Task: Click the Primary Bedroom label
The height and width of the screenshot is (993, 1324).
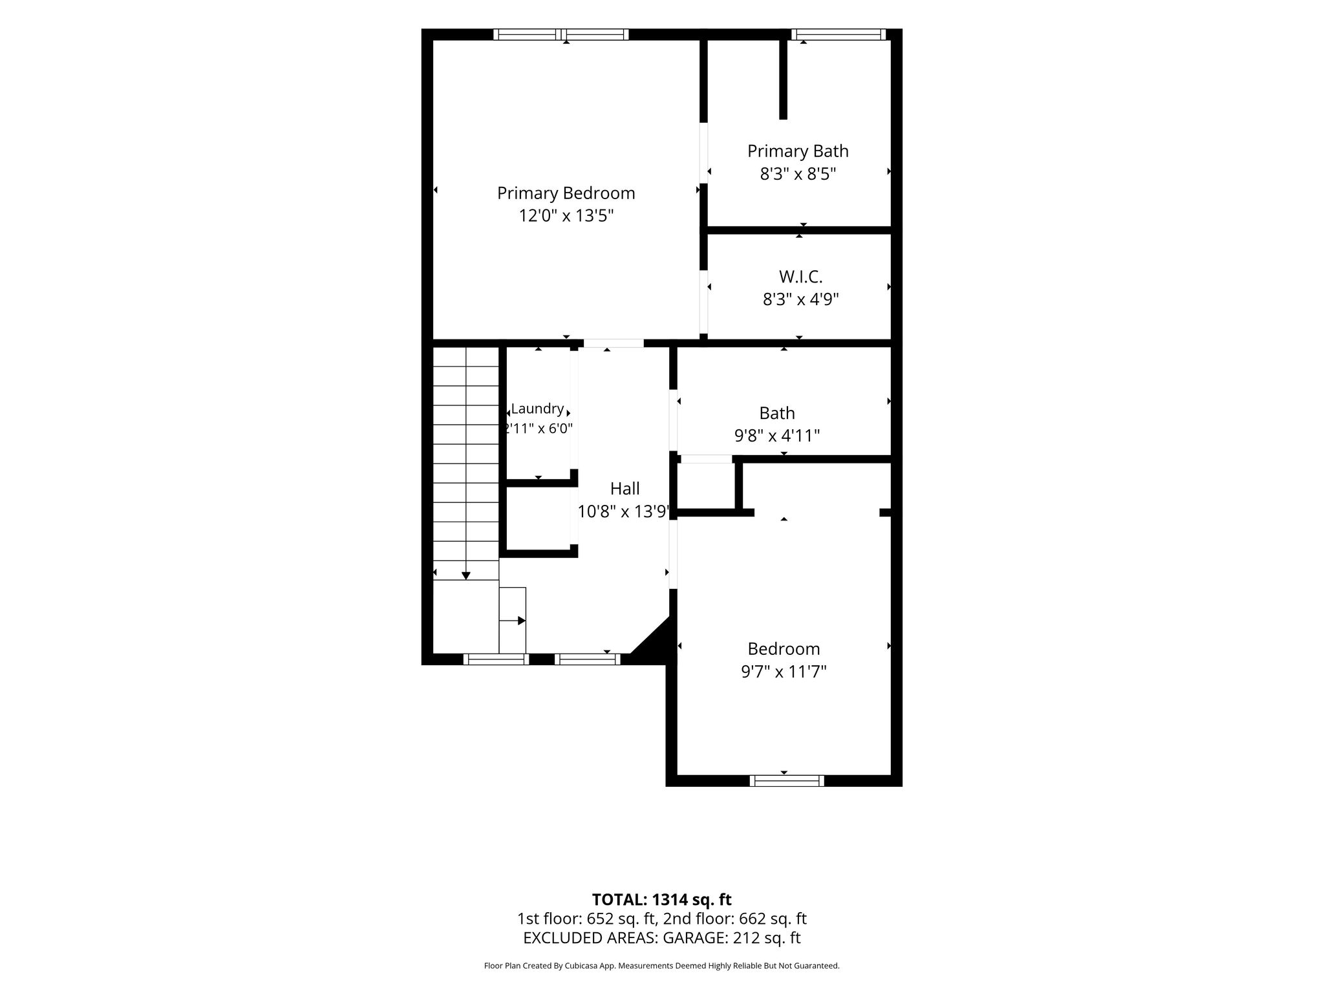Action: point(566,193)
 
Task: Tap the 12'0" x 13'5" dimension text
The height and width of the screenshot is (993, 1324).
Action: point(566,216)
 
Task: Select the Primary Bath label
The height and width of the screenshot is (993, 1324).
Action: point(798,151)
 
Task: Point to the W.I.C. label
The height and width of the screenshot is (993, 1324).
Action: point(800,277)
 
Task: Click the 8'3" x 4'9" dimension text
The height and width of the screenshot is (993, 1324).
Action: point(800,299)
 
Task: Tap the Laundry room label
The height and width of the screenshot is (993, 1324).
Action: point(537,409)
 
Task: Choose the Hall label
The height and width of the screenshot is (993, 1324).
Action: point(625,489)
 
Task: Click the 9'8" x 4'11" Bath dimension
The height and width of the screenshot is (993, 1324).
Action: point(777,436)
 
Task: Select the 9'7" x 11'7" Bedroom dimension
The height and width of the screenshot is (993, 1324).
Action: point(784,672)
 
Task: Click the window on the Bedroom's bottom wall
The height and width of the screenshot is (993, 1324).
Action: point(787,781)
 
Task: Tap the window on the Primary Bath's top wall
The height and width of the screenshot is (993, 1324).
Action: point(838,34)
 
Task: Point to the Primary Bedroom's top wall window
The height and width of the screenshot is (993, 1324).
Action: point(561,34)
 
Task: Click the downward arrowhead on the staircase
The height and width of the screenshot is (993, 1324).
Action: point(465,575)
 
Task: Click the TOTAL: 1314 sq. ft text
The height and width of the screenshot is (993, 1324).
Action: point(661,899)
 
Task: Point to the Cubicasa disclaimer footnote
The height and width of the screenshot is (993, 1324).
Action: point(661,966)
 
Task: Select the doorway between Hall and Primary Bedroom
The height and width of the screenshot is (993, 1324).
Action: point(614,343)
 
